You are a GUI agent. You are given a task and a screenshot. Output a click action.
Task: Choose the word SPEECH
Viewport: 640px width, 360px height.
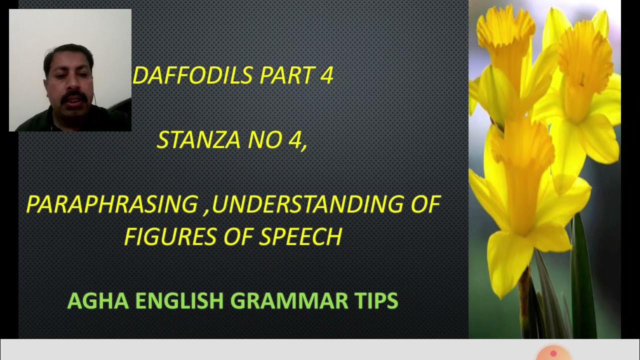coord(300,236)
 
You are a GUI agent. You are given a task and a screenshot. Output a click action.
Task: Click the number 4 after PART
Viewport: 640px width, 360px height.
coord(327,75)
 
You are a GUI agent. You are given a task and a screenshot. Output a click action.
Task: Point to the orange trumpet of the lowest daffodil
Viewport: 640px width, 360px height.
coord(522,165)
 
